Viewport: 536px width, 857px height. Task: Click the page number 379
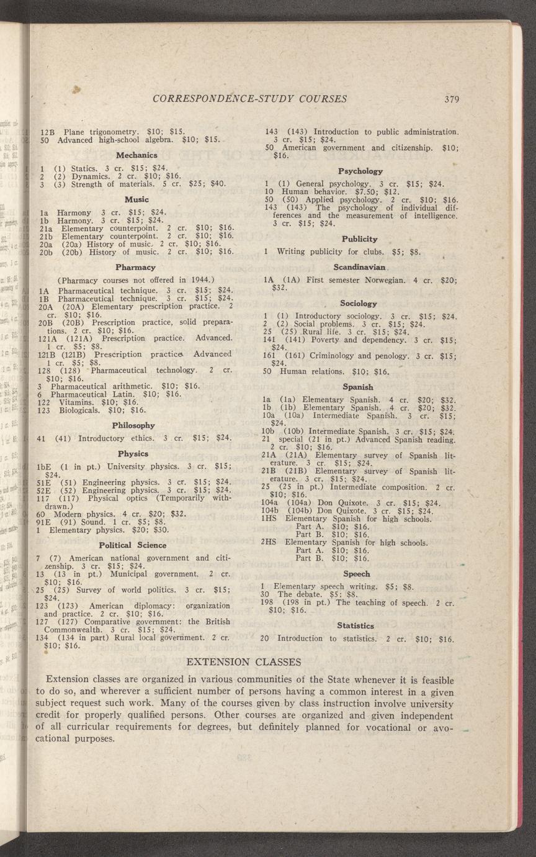coord(451,99)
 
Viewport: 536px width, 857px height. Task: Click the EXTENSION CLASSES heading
coord(244,662)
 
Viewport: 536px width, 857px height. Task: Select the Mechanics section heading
coord(136,155)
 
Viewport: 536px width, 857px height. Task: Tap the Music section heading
coord(136,199)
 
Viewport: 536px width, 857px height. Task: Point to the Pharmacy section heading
coord(136,267)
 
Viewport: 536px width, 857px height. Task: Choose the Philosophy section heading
coord(133,425)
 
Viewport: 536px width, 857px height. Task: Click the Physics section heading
coord(133,454)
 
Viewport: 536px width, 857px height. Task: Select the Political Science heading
coord(133,545)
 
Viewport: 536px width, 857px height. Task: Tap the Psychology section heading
coord(360,171)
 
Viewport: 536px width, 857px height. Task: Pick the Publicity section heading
coord(360,239)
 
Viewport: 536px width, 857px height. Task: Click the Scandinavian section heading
coord(360,268)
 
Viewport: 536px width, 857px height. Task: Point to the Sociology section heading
coord(359,304)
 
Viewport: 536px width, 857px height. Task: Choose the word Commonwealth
coord(75,630)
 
